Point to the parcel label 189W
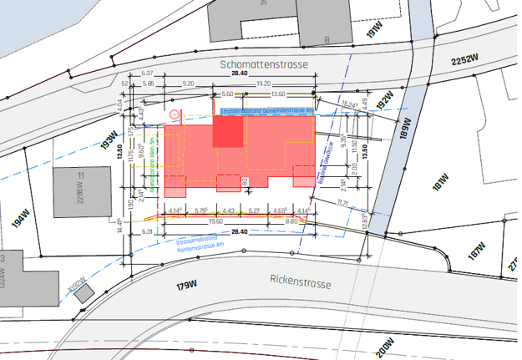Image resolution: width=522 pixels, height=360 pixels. click(405, 129)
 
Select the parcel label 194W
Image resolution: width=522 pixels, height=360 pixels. click(22, 222)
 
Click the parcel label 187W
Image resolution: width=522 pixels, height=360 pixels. click(476, 250)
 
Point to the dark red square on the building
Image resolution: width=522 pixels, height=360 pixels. click(228, 132)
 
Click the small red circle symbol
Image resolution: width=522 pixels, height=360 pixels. click(174, 114)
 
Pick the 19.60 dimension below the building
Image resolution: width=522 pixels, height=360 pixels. click(215, 222)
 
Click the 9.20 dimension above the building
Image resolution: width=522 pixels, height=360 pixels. click(188, 84)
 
